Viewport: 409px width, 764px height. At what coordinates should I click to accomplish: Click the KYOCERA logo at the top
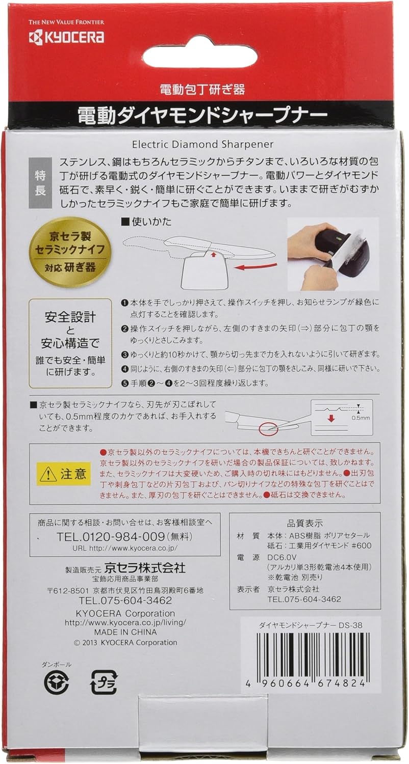pyautogui.click(x=66, y=38)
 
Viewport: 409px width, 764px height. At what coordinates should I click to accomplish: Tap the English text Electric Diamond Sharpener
pyautogui.click(x=203, y=144)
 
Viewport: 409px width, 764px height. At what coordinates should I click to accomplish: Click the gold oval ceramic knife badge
pyautogui.click(x=70, y=250)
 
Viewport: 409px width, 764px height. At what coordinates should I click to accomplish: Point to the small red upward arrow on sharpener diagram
pyautogui.click(x=213, y=254)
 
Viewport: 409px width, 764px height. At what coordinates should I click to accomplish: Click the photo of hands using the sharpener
pyautogui.click(x=333, y=253)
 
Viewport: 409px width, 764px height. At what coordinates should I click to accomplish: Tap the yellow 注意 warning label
pyautogui.click(x=64, y=474)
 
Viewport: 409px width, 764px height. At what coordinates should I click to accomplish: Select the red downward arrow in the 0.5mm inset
pyautogui.click(x=330, y=418)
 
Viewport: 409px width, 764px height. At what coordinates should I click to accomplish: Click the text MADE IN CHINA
pyautogui.click(x=125, y=632)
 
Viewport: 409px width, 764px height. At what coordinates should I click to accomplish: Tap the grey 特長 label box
pyautogui.click(x=40, y=183)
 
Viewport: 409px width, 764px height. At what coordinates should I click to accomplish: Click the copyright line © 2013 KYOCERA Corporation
pyautogui.click(x=125, y=643)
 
